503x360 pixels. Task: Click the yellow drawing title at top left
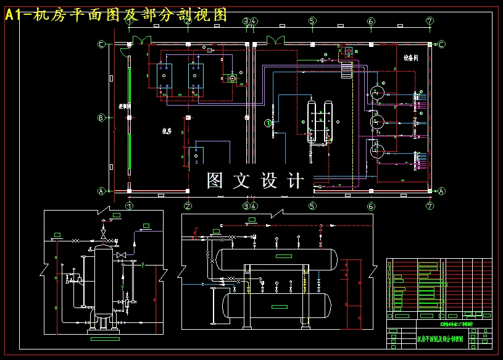(x=116, y=15)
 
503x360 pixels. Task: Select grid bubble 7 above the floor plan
(x=430, y=21)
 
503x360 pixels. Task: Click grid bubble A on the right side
(x=442, y=191)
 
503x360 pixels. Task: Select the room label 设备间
(x=412, y=58)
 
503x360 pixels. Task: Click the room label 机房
(x=165, y=131)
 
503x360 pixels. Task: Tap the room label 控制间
(x=124, y=106)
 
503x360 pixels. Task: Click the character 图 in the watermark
(x=215, y=180)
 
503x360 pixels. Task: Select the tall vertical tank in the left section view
(x=102, y=278)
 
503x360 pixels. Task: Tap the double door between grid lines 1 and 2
(x=141, y=40)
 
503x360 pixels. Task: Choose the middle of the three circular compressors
(x=376, y=120)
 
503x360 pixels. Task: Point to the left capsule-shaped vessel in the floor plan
(x=312, y=122)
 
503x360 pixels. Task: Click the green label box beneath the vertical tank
(x=104, y=338)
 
